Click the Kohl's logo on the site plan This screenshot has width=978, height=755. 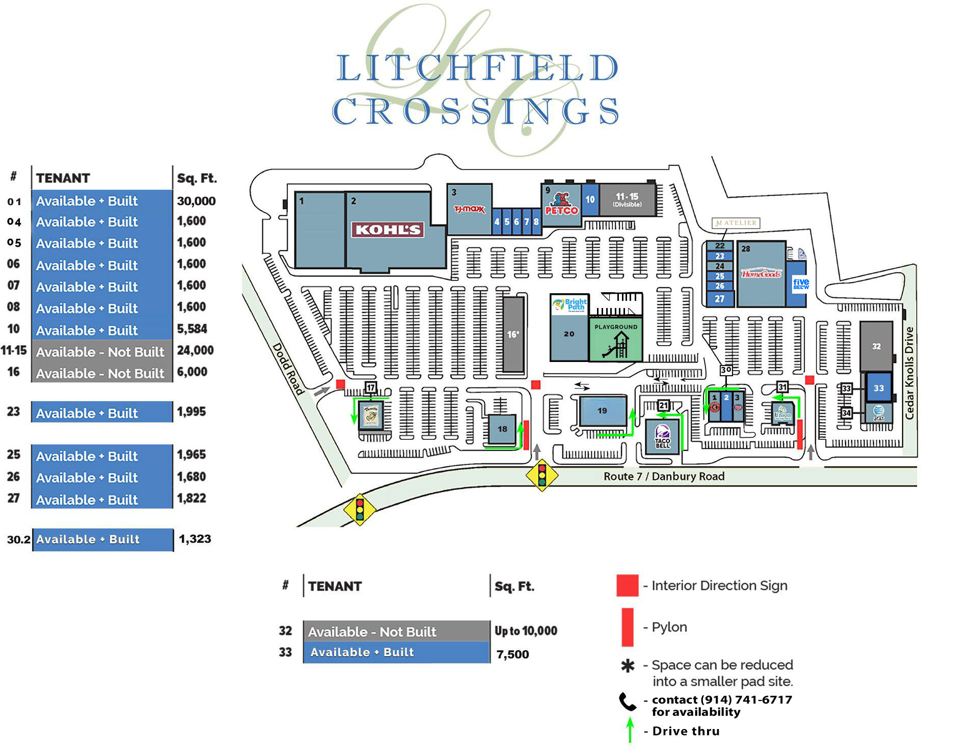tap(388, 230)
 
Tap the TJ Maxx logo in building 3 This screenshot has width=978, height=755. tap(469, 209)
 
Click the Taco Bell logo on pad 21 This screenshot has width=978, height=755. tap(662, 437)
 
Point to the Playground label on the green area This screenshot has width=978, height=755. tap(616, 327)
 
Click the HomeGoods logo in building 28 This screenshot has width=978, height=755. tap(761, 274)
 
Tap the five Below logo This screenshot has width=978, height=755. tap(801, 284)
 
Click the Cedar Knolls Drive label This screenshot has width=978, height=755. tap(909, 373)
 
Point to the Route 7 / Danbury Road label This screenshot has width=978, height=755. tap(664, 477)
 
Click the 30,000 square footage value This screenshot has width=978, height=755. tap(196, 201)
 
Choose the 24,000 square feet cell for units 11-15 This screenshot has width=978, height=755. tap(195, 350)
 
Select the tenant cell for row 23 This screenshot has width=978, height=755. tap(102, 412)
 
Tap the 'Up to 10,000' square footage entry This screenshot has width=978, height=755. tap(526, 631)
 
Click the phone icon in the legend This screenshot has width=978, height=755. tap(628, 702)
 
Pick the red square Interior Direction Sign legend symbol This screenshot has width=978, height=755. tap(627, 585)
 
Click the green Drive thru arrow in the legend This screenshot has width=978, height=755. tap(630, 730)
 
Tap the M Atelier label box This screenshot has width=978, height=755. tap(736, 223)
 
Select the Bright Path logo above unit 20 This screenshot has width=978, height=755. tap(569, 304)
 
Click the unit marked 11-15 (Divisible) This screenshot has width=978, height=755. tap(627, 200)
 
